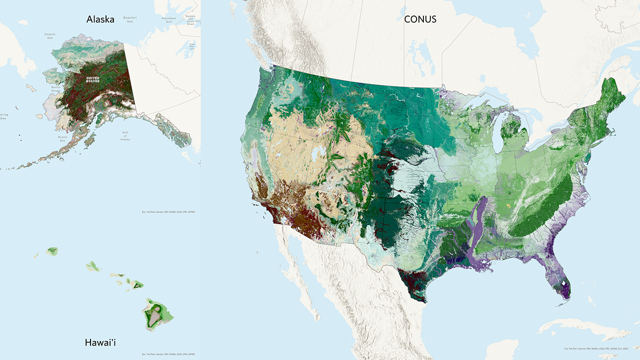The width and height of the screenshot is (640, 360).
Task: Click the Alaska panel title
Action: [100, 19]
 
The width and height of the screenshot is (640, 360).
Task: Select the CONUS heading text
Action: [420, 19]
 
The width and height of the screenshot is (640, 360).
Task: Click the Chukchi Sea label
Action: [49, 36]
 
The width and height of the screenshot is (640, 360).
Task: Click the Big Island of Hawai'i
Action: [157, 313]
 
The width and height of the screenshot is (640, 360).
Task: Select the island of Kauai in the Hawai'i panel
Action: [52, 250]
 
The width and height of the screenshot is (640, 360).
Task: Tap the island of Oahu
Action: [93, 266]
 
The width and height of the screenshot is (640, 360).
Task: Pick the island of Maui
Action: [136, 285]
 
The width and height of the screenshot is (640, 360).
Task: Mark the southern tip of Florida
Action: [565, 295]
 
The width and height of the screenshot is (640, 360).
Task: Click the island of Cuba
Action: [585, 327]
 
